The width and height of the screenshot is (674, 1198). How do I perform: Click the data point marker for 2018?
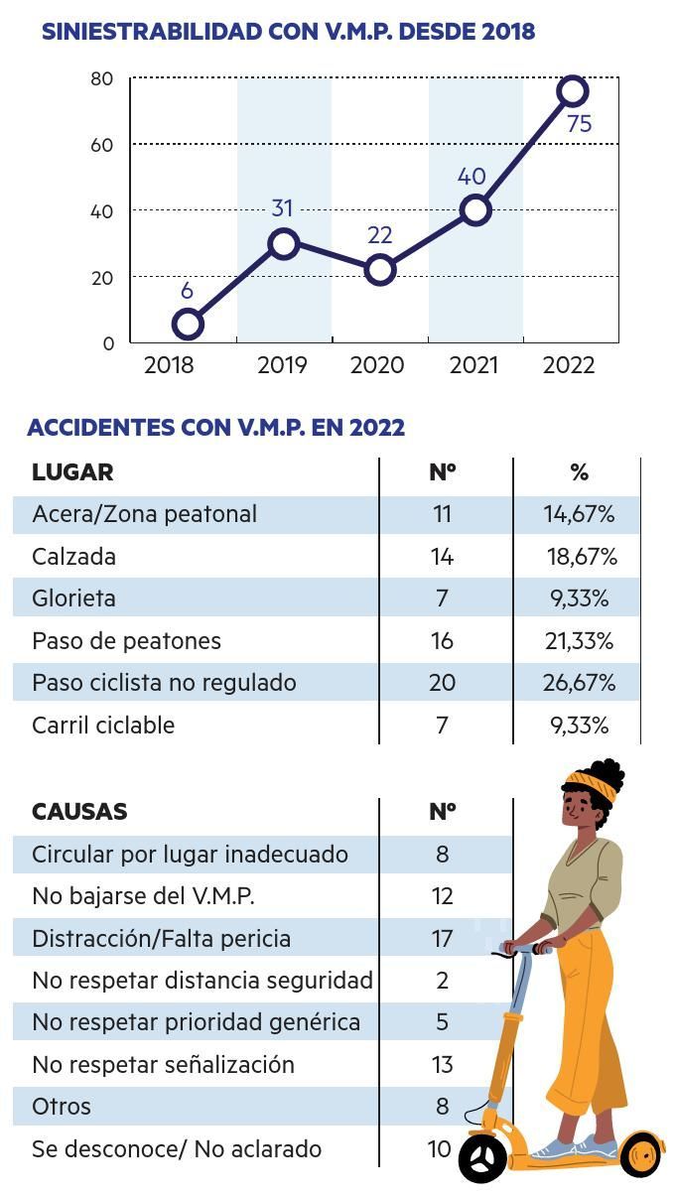tap(187, 324)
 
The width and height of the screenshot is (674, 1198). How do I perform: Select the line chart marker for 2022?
tap(573, 91)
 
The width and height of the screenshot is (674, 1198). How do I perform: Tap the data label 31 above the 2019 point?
tap(283, 208)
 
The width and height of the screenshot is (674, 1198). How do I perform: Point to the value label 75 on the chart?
tap(579, 124)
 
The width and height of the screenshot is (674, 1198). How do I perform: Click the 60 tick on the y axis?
tap(102, 145)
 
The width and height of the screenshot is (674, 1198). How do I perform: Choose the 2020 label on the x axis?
tap(377, 365)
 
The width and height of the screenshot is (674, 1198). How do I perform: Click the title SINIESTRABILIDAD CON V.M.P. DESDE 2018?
tap(288, 32)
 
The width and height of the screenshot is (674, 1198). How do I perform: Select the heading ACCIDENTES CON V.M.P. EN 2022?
tap(215, 428)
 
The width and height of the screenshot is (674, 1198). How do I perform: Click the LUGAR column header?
tap(72, 472)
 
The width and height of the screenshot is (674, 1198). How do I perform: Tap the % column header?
tap(580, 472)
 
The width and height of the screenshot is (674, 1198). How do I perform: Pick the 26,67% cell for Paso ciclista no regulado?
tap(580, 683)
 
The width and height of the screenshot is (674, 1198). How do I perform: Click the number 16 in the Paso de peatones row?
tap(442, 641)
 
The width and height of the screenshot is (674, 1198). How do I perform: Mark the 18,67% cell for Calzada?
tap(582, 557)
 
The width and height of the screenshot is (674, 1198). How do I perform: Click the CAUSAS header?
tap(79, 812)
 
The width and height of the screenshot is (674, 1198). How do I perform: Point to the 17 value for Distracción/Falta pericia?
tap(442, 939)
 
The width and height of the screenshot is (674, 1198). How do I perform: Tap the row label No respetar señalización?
tap(163, 1065)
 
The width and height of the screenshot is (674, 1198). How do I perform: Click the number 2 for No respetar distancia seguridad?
tap(443, 981)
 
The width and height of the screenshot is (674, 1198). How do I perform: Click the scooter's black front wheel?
tap(483, 1157)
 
